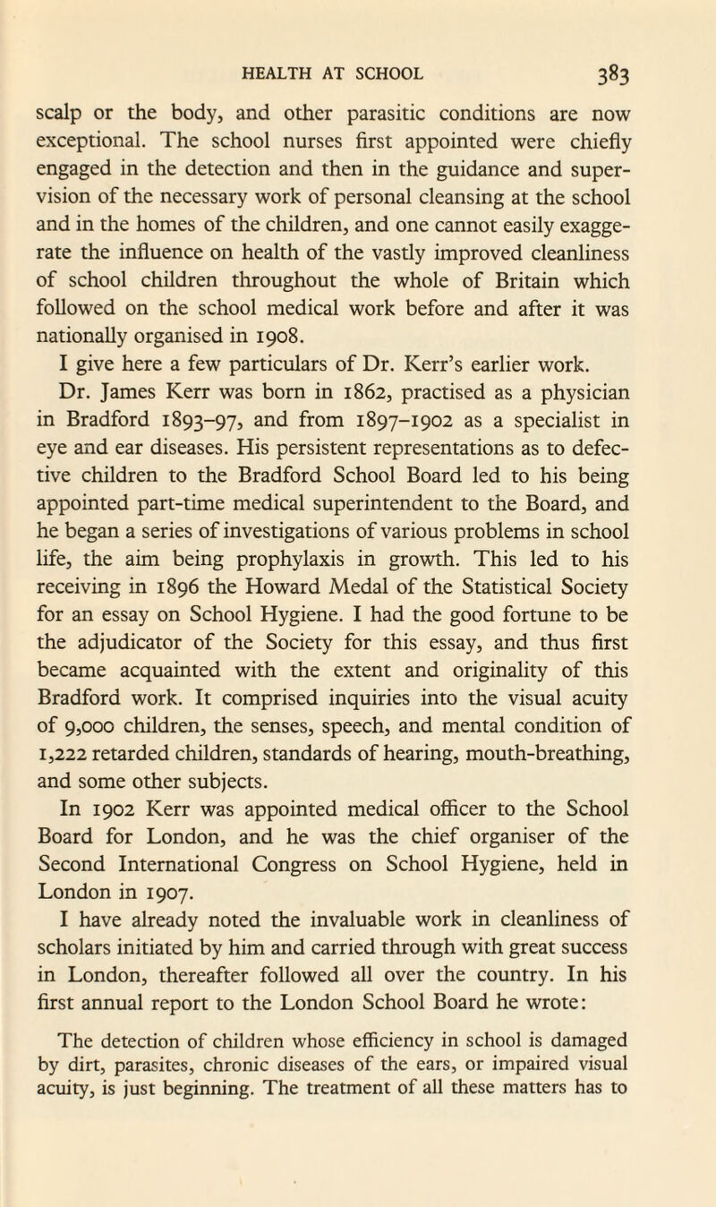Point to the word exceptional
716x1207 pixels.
[103, 139]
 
